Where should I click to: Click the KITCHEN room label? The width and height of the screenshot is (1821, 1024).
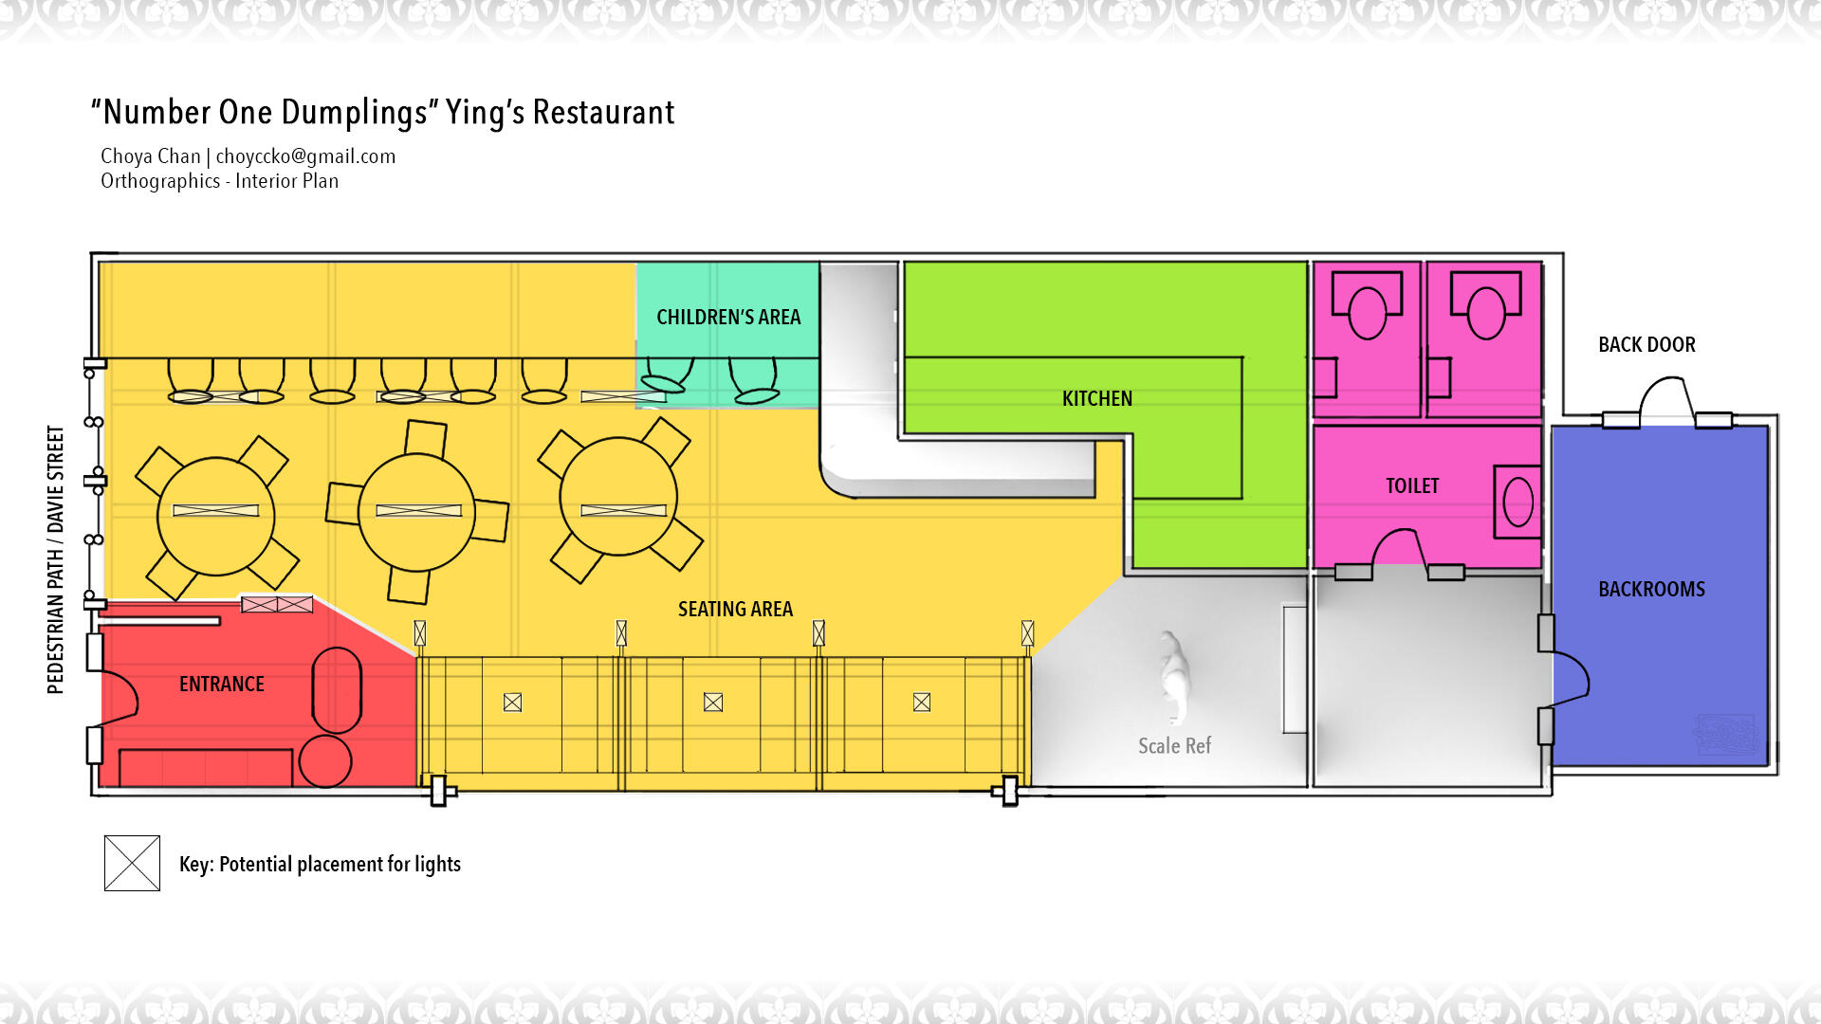(1097, 398)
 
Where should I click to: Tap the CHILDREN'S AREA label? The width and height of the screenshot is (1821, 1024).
(728, 317)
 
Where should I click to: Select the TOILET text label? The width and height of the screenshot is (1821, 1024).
(1412, 485)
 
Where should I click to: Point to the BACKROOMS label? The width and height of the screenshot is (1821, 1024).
(1651, 589)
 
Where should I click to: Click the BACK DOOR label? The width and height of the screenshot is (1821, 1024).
(1646, 344)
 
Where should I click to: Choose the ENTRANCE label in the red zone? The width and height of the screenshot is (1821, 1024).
(222, 684)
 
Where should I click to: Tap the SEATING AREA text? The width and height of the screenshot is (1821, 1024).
(735, 609)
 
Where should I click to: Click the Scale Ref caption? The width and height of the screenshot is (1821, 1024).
(1174, 746)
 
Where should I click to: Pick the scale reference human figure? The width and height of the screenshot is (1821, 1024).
(1174, 676)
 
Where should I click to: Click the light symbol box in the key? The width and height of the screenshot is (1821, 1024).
(132, 863)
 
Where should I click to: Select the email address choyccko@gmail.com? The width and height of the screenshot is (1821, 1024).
(305, 156)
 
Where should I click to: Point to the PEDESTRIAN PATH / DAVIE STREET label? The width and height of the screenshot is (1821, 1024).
(56, 559)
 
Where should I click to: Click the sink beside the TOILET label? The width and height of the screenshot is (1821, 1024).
(1517, 502)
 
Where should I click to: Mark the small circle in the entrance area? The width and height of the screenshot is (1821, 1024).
(325, 760)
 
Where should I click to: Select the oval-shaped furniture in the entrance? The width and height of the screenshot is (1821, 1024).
(337, 689)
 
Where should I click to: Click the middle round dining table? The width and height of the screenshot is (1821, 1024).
(416, 512)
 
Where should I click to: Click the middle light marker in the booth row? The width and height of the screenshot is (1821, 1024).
(713, 702)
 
